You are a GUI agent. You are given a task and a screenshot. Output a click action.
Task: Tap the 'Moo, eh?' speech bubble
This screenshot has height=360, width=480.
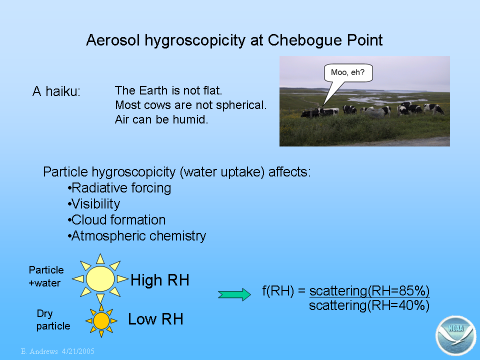pos(348,73)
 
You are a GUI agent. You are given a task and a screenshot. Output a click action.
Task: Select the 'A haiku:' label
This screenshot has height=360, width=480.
pos(56,91)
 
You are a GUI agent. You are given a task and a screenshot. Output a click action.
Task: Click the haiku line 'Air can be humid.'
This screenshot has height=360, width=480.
pos(161,119)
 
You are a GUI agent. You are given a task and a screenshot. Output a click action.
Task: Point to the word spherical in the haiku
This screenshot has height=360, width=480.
pos(241,105)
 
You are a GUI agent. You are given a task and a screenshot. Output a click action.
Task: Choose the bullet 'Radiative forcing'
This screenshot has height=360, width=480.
pos(119,188)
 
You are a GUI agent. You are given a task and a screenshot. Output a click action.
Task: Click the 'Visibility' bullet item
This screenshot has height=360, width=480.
pos(94,204)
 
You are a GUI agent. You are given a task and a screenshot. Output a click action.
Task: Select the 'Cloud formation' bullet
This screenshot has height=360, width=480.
pos(116,220)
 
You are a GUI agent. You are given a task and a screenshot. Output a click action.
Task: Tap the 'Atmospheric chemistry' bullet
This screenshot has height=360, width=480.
pos(137,236)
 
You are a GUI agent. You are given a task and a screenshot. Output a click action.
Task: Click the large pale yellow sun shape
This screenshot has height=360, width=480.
pos(100,278)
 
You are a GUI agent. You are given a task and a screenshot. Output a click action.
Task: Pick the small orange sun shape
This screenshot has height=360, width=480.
pos(101,321)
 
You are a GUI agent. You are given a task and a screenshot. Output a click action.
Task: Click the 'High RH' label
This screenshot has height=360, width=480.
pos(160,280)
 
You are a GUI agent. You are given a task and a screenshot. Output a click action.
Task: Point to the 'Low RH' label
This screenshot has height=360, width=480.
pos(155,319)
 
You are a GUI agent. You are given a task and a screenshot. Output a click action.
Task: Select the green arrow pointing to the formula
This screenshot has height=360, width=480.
pos(234,294)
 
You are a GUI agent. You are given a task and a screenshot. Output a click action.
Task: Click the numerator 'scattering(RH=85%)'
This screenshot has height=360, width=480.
pos(369,291)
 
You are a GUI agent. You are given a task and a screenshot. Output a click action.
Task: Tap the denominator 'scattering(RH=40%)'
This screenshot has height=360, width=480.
pos(369,305)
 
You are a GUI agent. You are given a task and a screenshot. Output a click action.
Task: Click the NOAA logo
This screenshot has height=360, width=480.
pos(456,335)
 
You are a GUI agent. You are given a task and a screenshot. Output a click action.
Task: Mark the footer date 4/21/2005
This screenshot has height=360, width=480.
pos(78,351)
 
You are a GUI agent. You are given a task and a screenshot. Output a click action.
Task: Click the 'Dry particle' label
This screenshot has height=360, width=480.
pos(53,319)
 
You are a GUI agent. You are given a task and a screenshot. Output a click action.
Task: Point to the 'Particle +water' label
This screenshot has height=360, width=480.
pos(46,276)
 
